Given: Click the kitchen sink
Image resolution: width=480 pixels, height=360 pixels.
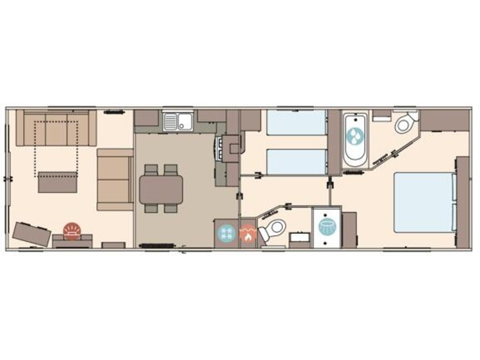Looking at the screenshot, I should coord(177,121).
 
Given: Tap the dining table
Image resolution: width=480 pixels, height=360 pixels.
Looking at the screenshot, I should coord(161,189).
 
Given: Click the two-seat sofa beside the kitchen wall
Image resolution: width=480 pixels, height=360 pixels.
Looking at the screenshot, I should coord(114,179).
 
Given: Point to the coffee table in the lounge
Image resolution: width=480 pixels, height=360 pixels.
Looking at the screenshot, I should coord(57,182).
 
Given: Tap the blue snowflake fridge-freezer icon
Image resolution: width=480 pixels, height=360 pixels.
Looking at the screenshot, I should coord(226,234).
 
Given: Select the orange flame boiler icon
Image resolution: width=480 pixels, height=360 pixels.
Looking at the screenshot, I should coord(247,235).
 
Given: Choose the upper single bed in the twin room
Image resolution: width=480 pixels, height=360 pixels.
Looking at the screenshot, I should coord(296,122).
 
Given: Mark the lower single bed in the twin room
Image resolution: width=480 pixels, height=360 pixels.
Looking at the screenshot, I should coord(296,162).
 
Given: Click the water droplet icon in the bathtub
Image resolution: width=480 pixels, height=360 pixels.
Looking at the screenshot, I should coord(356,136).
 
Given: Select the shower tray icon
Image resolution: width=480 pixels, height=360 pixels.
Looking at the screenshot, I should coord(327,226).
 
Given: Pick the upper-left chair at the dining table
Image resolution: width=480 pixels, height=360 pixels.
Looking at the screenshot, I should coord(151,169).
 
